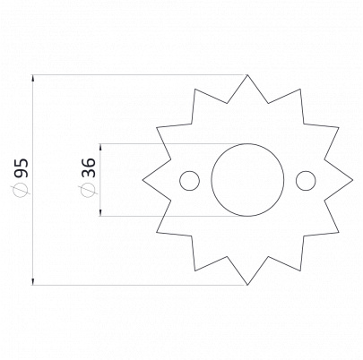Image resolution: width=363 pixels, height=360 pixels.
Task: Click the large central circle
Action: click(x=212, y=180)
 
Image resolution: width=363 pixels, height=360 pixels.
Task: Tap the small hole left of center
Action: click(x=180, y=181)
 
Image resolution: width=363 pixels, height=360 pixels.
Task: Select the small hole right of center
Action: click(x=296, y=181)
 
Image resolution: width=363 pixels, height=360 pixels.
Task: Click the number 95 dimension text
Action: click(x=22, y=168)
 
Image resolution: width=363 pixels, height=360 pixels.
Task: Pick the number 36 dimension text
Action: click(x=89, y=168)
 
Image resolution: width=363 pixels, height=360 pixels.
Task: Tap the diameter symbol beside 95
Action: click(x=22, y=190)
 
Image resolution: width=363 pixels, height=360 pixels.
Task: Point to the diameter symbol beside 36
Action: click(x=88, y=190)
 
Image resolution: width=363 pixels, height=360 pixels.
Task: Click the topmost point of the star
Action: click(x=247, y=74)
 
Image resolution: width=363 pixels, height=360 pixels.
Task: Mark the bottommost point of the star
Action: click(x=247, y=285)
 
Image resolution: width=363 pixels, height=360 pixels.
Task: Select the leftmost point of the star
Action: click(x=143, y=180)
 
